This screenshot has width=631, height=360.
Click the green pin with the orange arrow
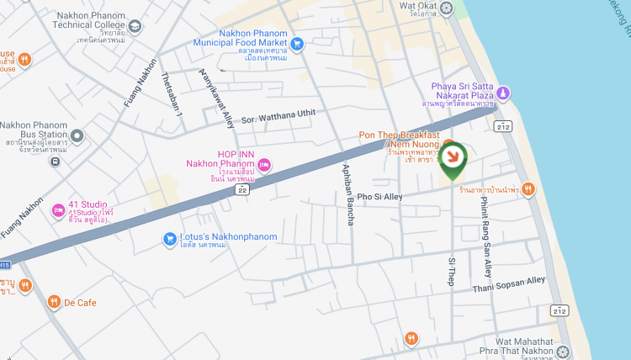click(453, 157)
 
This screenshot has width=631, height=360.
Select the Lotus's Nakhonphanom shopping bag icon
click(169, 239)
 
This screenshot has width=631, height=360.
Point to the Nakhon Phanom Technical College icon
click(134, 27)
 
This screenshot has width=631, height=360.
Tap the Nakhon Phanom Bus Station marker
click(77, 135)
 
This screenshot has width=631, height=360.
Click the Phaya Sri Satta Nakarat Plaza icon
click(503, 93)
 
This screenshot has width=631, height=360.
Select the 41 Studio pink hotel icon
click(58, 209)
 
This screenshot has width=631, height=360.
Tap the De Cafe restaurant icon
click(54, 302)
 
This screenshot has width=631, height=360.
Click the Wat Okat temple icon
click(448, 8)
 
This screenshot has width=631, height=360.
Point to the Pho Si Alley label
click(380, 197)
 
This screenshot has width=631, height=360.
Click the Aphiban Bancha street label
click(347, 193)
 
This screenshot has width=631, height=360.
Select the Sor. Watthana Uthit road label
click(278, 117)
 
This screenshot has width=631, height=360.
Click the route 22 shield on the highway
click(242, 191)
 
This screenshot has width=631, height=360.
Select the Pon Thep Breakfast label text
click(399, 135)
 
